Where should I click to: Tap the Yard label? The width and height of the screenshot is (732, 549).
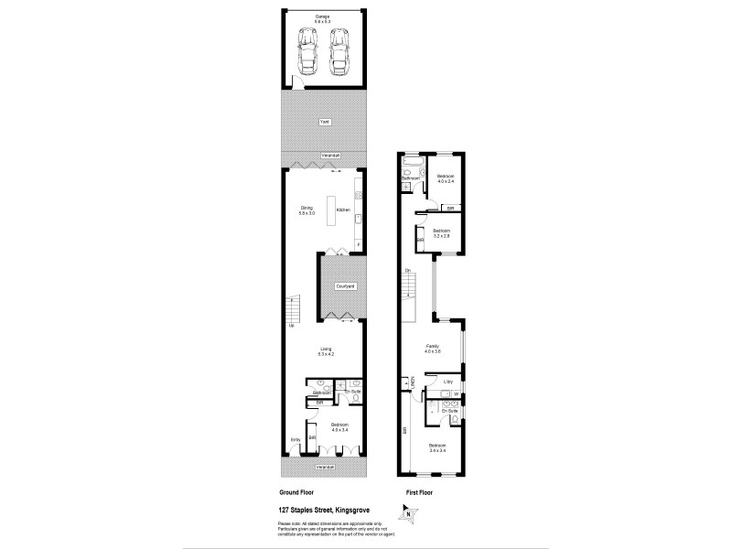(x=324, y=122)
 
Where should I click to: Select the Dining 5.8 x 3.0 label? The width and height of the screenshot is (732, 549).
(x=307, y=210)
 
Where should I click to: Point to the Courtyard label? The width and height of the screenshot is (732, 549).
(x=345, y=286)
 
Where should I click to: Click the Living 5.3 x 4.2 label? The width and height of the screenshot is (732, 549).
(x=325, y=350)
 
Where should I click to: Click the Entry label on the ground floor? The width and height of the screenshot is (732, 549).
(x=296, y=440)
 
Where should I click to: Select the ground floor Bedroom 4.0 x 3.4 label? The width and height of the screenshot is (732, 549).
(x=339, y=427)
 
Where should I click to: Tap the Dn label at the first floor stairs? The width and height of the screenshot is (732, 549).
(x=407, y=270)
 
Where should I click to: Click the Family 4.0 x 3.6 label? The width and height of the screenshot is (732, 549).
(x=433, y=349)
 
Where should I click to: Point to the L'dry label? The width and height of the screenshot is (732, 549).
(x=448, y=382)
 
